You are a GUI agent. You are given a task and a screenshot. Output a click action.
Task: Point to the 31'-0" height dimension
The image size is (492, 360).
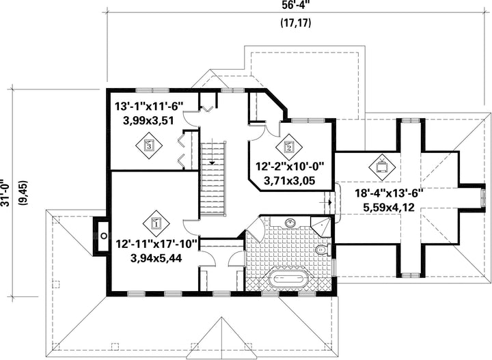[5, 193]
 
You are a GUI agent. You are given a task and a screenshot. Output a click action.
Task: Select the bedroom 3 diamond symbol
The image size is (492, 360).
[149, 146]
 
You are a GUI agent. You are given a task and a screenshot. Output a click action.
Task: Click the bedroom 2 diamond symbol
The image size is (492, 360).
[289, 147]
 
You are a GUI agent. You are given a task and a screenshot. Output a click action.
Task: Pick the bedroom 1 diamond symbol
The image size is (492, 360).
[156, 223]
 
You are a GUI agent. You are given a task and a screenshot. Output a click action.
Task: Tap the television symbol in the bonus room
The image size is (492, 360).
[382, 167]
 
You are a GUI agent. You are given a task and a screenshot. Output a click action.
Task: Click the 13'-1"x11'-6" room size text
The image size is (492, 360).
[149, 107]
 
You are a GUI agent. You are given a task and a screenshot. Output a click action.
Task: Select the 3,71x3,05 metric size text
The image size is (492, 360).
[290, 181]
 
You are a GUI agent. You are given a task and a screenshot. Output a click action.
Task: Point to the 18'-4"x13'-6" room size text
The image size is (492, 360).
[389, 193]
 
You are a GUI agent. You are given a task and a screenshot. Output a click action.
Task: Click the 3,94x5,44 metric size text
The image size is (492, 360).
[156, 258]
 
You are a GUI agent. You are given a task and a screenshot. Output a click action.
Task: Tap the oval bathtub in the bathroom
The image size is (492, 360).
[289, 279]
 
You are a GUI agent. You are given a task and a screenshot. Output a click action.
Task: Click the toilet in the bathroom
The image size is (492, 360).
[323, 250]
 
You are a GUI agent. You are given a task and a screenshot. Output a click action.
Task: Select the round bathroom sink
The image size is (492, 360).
[291, 223]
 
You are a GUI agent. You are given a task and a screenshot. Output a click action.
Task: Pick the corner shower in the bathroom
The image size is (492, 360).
[320, 226]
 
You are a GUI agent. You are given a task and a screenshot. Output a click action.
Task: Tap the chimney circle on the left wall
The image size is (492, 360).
[104, 235]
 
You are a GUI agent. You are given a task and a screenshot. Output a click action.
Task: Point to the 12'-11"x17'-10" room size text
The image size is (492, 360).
[156, 245]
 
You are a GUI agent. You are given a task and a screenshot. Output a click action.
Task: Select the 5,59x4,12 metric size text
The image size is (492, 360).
[389, 207]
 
